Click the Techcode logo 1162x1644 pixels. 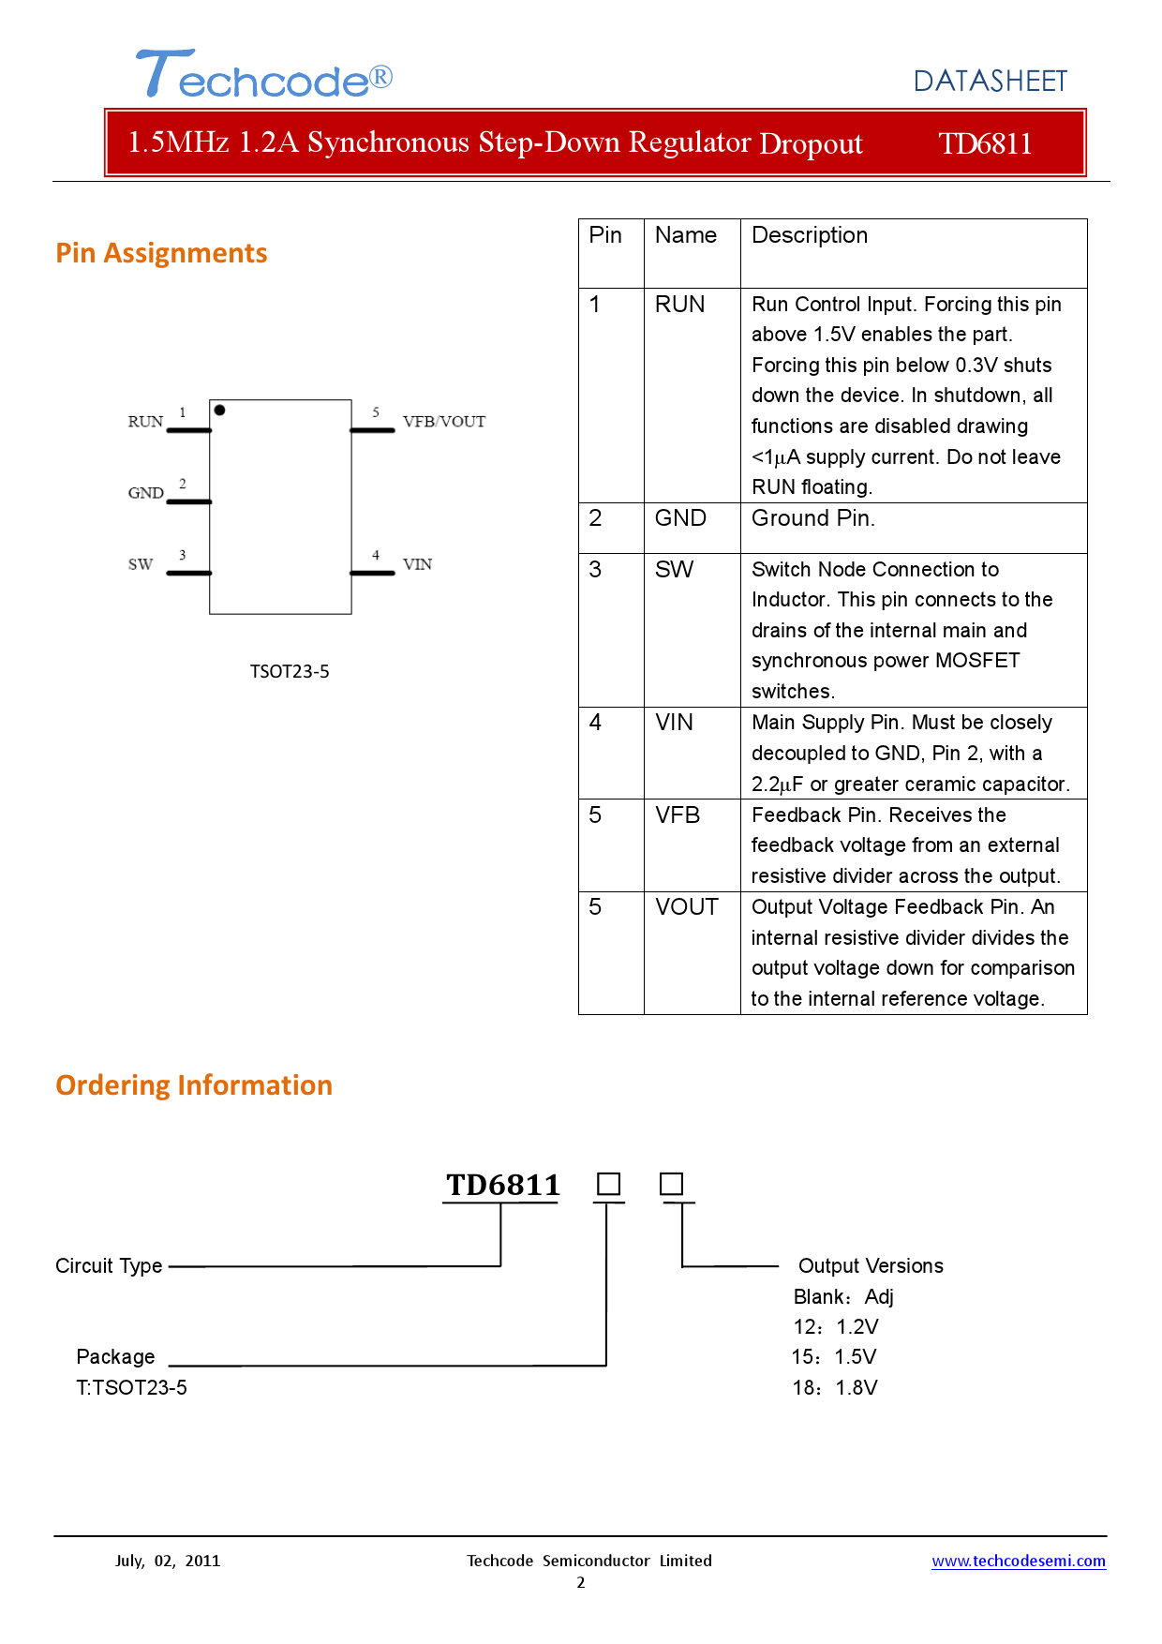[x=264, y=74]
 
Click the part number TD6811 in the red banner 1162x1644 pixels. [x=985, y=143]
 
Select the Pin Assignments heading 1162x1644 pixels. [x=161, y=253]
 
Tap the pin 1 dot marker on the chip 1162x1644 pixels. [x=219, y=410]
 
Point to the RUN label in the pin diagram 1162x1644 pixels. [x=145, y=422]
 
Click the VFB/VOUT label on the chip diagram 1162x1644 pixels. [x=444, y=422]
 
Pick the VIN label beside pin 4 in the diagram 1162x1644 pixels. [x=418, y=564]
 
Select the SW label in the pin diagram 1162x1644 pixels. [x=141, y=564]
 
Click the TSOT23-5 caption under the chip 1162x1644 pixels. [x=290, y=671]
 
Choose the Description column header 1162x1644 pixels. [x=810, y=235]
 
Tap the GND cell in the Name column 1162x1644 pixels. [x=680, y=518]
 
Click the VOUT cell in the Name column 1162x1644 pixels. [x=687, y=907]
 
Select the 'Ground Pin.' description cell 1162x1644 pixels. [x=813, y=518]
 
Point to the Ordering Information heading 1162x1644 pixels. [x=194, y=1085]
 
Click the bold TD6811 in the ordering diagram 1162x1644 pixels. [x=502, y=1185]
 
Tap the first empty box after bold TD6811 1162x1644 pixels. [x=609, y=1184]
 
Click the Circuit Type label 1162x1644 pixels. [x=109, y=1266]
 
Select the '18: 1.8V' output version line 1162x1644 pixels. [x=835, y=1388]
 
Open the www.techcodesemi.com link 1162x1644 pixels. [x=1019, y=1561]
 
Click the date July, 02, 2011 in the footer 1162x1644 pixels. [x=168, y=1561]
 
